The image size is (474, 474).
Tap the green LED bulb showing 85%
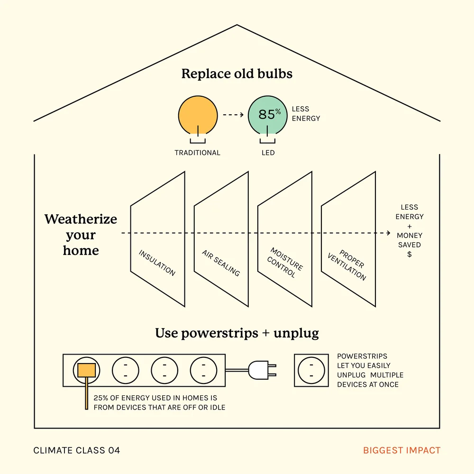click(268, 115)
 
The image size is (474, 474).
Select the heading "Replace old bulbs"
click(237, 74)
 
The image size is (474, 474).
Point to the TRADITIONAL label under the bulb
click(197, 153)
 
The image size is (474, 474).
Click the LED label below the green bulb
click(268, 153)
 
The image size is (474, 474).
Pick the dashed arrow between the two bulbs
click(233, 115)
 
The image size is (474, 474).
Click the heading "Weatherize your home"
click(81, 235)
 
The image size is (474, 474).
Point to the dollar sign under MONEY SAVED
click(410, 255)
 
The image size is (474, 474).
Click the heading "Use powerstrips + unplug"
click(237, 333)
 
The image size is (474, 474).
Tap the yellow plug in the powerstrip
click(87, 370)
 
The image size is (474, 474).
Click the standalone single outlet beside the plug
click(311, 370)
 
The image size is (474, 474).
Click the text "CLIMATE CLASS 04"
click(77, 450)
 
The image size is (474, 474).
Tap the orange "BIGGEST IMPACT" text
click(402, 450)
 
